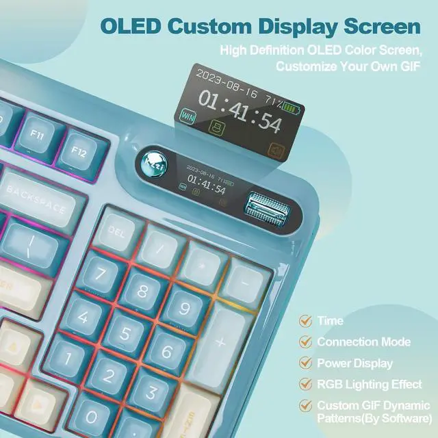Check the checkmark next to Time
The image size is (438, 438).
(x=306, y=320)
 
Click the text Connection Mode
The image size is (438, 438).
(x=363, y=342)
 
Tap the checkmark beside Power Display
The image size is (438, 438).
(x=306, y=363)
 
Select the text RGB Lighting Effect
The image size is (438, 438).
(x=369, y=385)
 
